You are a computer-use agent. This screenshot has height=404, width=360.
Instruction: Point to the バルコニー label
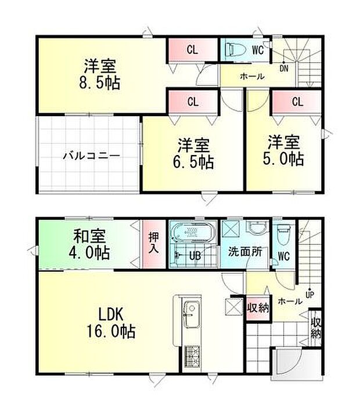[91, 156]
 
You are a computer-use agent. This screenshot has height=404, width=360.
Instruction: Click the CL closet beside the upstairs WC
[192, 50]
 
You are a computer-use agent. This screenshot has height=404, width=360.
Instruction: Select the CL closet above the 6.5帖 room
[192, 102]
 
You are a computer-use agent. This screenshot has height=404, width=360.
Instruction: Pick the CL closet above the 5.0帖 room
[297, 102]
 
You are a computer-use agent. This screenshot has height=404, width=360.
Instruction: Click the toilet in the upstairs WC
[235, 49]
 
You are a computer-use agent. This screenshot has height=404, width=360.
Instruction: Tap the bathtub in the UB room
[192, 235]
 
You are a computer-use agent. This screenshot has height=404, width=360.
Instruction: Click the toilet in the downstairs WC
[283, 236]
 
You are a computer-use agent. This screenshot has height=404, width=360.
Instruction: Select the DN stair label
[283, 68]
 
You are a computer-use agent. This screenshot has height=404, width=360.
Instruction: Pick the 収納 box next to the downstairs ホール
[258, 307]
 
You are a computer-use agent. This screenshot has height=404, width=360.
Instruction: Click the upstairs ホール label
[251, 76]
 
